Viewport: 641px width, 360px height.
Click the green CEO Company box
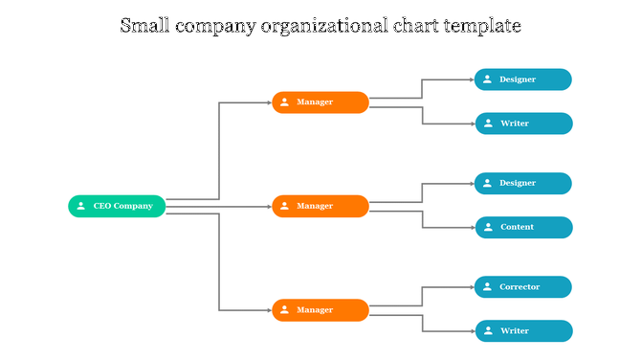[117, 206]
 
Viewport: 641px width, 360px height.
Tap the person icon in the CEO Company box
[81, 206]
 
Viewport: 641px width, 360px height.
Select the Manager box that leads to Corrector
[320, 310]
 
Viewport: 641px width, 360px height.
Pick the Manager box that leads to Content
[320, 206]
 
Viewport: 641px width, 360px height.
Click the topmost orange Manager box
[320, 102]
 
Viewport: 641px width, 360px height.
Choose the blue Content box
[523, 228]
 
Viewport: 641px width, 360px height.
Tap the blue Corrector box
[523, 287]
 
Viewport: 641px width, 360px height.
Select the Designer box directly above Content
[523, 183]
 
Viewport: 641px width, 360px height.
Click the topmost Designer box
[523, 79]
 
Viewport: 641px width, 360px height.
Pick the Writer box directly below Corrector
[523, 331]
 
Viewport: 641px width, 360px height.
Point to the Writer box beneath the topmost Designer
[523, 124]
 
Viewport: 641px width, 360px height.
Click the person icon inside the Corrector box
[488, 287]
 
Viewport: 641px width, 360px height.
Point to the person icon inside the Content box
[488, 228]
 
